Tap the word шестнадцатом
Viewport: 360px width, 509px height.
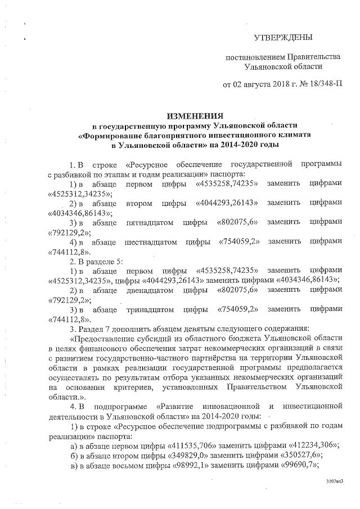pyautogui.click(x=150, y=241)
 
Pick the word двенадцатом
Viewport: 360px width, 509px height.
pyautogui.click(x=148, y=290)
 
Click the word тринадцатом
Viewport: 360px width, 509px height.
pyautogui.click(x=148, y=309)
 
